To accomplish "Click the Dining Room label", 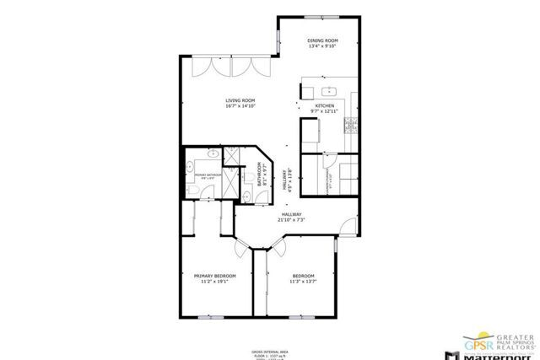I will [x=322, y=40].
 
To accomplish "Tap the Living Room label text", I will [x=240, y=100].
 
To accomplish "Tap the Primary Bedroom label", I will [x=214, y=276].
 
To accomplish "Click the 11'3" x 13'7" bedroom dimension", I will [x=303, y=282].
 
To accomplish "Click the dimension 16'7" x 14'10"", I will [x=240, y=106].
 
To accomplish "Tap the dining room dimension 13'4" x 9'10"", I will [x=322, y=46].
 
